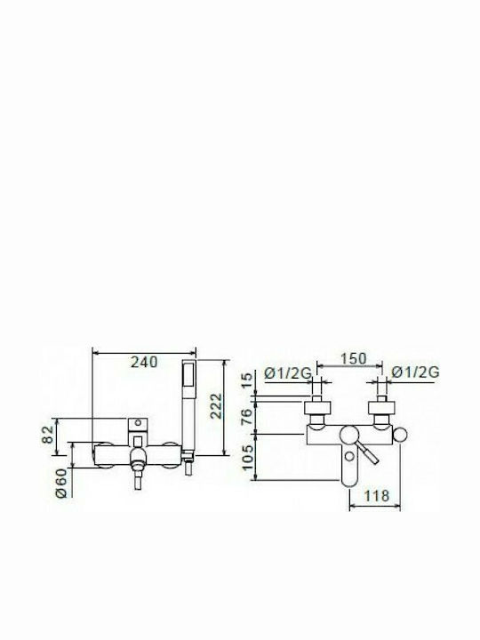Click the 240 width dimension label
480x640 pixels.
point(144,362)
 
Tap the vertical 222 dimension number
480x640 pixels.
point(216,405)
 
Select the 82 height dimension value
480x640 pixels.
point(47,435)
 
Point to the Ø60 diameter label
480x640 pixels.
point(60,483)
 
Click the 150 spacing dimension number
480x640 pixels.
point(354,358)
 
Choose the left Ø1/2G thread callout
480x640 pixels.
point(288,372)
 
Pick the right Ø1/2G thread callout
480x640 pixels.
point(415,372)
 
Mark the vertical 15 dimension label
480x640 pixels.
point(247,380)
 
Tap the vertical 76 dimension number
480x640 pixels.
point(247,417)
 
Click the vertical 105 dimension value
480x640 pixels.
point(247,457)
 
